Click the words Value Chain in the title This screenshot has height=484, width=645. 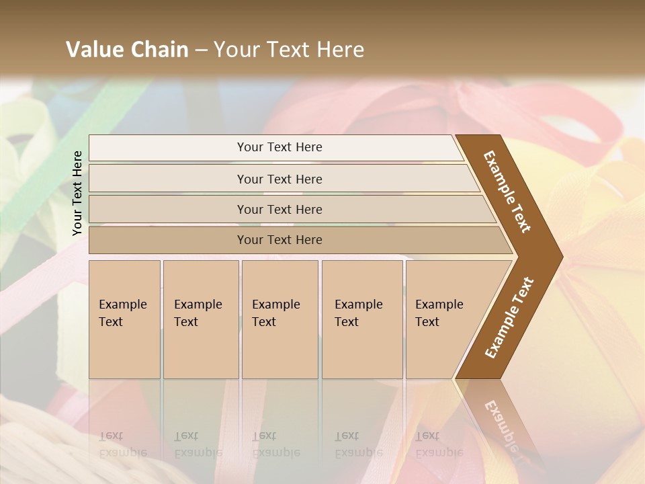(x=127, y=50)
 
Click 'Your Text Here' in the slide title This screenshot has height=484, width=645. (x=289, y=50)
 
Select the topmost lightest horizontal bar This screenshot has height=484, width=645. (x=279, y=147)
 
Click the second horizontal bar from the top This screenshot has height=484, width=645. (x=279, y=179)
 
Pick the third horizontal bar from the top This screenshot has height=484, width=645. (x=279, y=209)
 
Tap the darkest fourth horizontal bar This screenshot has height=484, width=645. (x=279, y=240)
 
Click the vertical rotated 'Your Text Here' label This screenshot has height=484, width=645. (x=77, y=193)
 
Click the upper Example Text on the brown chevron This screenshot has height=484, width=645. (x=507, y=192)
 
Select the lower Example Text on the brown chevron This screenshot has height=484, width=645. (x=509, y=317)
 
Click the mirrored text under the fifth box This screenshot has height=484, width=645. (x=439, y=444)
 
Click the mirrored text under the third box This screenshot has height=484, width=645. (x=275, y=444)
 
